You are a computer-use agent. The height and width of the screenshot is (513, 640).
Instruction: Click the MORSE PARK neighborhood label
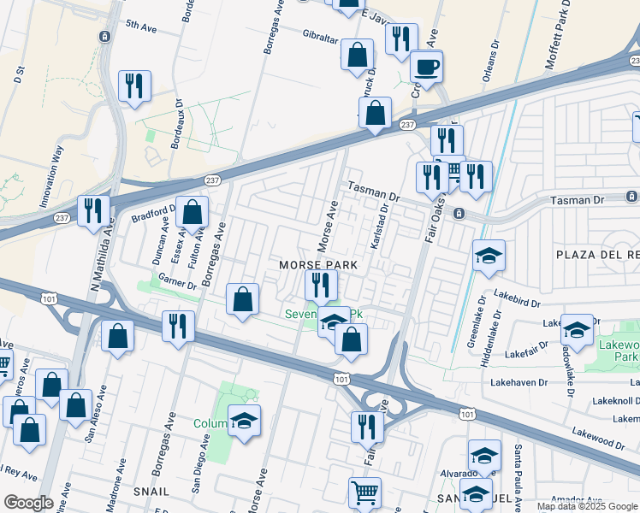pos(318,265)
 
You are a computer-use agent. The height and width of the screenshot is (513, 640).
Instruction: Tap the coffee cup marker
pos(426,66)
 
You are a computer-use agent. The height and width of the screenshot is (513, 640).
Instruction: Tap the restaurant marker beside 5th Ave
pos(135,85)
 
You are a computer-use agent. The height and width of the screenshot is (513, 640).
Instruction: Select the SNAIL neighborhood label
pos(151,492)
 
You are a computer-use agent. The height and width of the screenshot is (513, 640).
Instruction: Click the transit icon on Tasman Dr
pos(459,212)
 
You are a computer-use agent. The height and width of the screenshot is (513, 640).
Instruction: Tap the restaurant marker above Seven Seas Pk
pos(320,284)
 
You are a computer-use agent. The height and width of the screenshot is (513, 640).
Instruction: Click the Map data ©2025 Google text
pos(587,506)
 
